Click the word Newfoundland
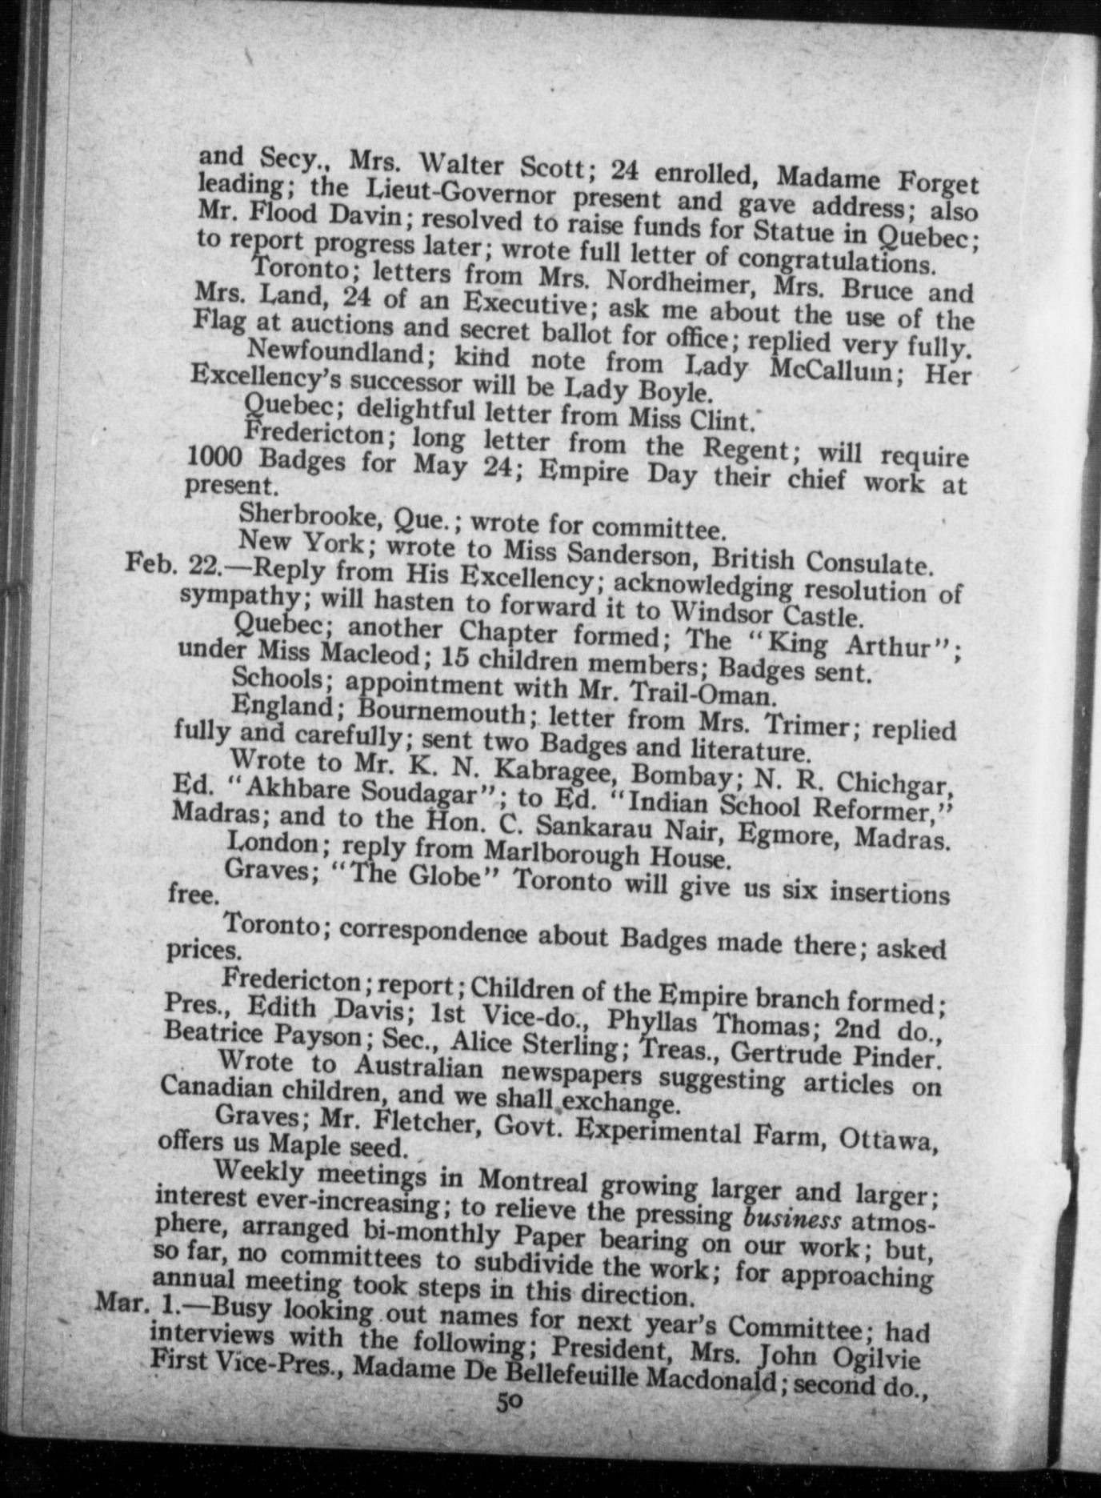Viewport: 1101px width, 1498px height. click(x=336, y=351)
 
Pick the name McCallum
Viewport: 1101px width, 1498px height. click(x=832, y=370)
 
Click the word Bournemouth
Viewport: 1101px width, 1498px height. click(x=441, y=711)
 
